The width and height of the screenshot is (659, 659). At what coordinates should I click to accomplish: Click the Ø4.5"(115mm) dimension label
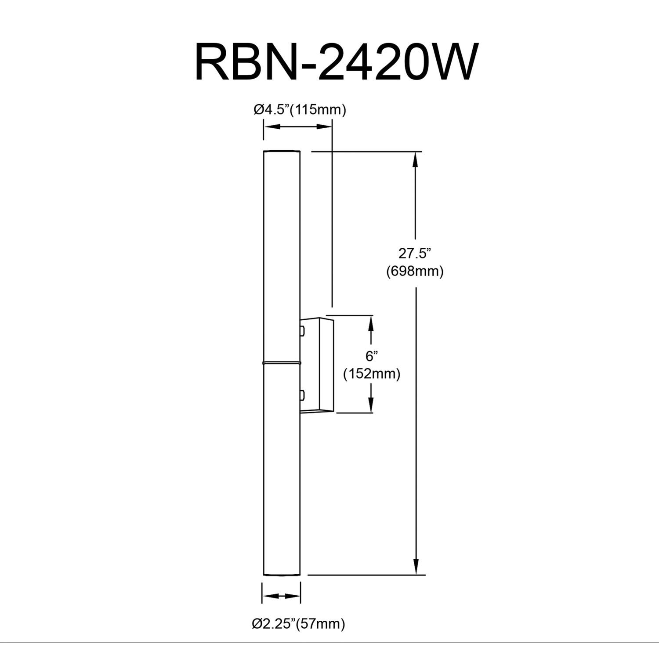tap(300, 109)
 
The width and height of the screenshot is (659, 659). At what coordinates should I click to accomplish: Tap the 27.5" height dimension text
tap(415, 253)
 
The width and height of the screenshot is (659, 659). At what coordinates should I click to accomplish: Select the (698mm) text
tap(415, 271)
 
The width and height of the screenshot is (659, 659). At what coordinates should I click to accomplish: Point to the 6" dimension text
tap(372, 356)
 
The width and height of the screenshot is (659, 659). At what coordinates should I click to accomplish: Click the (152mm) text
tap(372, 374)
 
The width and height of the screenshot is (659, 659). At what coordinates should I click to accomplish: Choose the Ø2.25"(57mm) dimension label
tap(298, 623)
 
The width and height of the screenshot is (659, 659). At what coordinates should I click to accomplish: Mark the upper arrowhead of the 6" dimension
tap(371, 322)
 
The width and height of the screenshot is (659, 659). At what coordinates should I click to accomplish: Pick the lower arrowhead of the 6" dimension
tap(371, 405)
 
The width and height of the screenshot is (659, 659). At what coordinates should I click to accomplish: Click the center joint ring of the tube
tap(282, 363)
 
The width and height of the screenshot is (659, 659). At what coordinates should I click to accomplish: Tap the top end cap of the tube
tap(282, 152)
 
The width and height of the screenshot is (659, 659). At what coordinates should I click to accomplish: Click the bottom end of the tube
tap(282, 573)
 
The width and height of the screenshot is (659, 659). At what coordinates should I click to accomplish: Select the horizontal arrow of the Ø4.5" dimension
tap(298, 127)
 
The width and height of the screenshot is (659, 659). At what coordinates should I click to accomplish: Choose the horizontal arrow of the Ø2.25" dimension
tap(281, 596)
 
